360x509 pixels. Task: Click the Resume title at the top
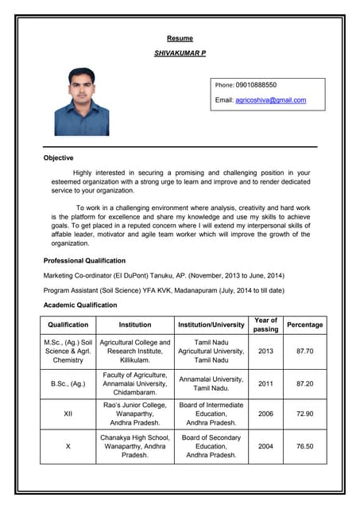[180, 38]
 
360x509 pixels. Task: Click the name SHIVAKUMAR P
[180, 52]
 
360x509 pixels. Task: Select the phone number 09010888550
[256, 84]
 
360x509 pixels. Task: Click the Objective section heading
[58, 158]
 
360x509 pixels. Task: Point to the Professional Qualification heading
[84, 261]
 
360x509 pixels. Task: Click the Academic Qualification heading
[79, 305]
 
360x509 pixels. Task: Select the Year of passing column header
[265, 324]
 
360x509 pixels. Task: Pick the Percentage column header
[304, 324]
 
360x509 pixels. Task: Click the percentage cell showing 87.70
[304, 351]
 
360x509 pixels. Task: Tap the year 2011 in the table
[265, 383]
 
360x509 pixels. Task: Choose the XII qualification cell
[68, 414]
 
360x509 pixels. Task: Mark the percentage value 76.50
[304, 447]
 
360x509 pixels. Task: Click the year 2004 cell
[265, 447]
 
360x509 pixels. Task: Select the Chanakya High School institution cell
[135, 447]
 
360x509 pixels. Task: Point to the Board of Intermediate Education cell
[211, 414]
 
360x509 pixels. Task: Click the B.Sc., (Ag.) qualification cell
[68, 383]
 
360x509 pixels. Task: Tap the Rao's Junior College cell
[135, 414]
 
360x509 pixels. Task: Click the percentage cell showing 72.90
[304, 414]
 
